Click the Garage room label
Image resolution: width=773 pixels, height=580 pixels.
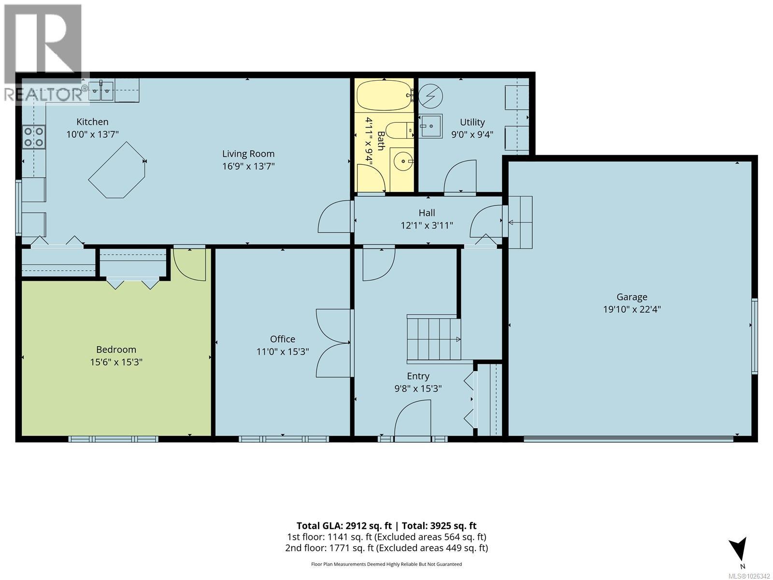[x=631, y=297]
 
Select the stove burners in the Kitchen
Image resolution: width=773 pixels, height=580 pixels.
[x=33, y=136]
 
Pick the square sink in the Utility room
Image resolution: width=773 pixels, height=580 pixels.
[x=430, y=126]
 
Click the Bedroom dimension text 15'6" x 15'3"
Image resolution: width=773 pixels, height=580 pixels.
[x=116, y=362]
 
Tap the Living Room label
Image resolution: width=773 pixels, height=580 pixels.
[x=248, y=154]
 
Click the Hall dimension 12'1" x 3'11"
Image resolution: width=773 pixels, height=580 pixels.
[x=427, y=225]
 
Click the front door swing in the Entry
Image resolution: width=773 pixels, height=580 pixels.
[x=412, y=420]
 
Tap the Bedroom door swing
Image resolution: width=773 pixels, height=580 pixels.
[x=188, y=263]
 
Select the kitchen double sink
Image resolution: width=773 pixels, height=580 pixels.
[x=101, y=90]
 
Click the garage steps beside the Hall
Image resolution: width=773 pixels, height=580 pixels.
[x=519, y=222]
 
